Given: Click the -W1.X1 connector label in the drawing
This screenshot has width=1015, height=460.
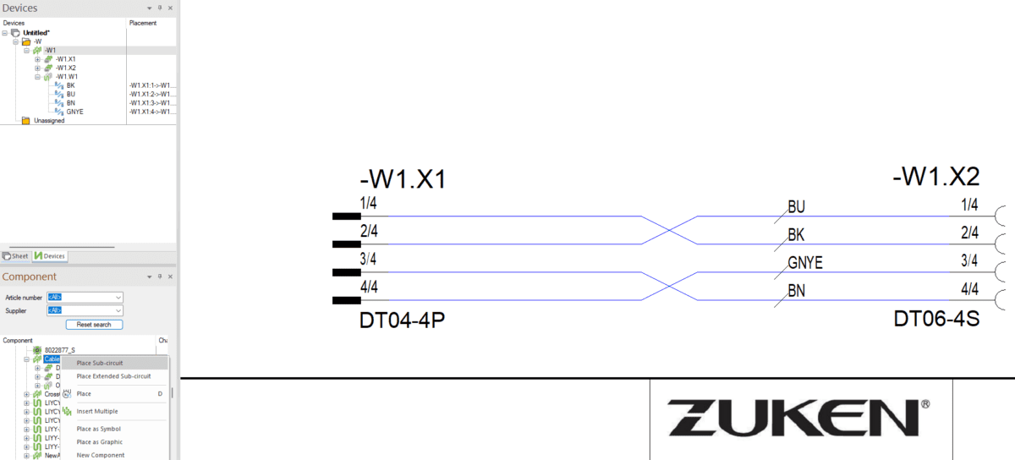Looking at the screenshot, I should pyautogui.click(x=402, y=180).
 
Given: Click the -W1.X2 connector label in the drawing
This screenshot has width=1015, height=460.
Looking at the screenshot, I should pyautogui.click(x=935, y=178).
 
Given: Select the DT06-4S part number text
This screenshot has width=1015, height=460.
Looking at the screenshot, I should pyautogui.click(x=936, y=319).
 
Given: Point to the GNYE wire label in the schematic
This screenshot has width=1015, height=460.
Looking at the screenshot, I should pyautogui.click(x=805, y=263).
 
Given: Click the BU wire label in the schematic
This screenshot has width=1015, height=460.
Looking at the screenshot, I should pyautogui.click(x=796, y=207).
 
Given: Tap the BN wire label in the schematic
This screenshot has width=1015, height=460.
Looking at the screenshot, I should pyautogui.click(x=796, y=291).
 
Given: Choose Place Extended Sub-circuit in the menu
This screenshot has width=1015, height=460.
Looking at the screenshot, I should pyautogui.click(x=113, y=376).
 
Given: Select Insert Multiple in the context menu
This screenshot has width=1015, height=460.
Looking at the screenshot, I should pyautogui.click(x=97, y=411).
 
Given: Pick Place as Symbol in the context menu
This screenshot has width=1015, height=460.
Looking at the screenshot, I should pyautogui.click(x=98, y=429).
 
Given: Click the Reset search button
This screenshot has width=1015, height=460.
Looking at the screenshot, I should pyautogui.click(x=94, y=325).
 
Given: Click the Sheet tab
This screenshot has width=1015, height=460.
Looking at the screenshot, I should pyautogui.click(x=15, y=256).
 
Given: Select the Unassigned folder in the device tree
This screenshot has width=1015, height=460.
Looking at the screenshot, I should pyautogui.click(x=48, y=121).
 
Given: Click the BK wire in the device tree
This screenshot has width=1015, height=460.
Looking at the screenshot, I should pyautogui.click(x=70, y=85).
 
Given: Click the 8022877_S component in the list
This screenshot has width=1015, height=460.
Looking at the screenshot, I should pyautogui.click(x=59, y=349).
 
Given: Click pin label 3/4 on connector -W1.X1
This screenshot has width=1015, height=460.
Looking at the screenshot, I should pyautogui.click(x=369, y=259).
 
